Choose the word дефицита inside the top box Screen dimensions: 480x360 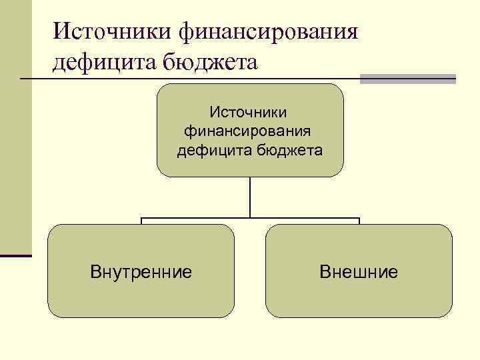click(212, 149)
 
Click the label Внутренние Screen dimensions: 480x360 click(141, 271)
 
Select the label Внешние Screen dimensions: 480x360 click(359, 271)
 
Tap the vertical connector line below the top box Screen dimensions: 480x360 click(250, 197)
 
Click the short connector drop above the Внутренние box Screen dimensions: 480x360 click(141, 221)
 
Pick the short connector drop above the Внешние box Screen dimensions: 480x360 click(359, 221)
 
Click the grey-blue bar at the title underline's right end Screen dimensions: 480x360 click(408, 79)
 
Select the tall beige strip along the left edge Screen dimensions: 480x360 click(15, 127)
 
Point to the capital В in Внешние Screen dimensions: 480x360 click(325, 271)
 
